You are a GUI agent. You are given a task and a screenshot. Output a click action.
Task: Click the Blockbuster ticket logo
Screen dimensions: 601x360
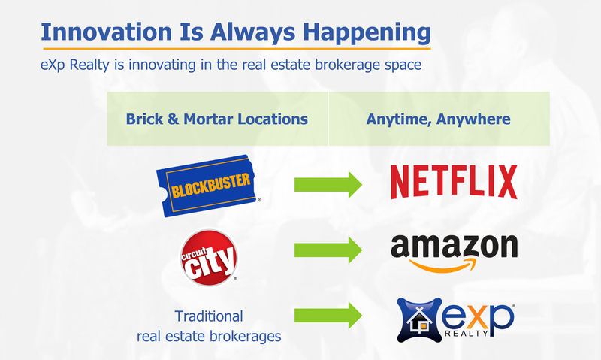[207, 186]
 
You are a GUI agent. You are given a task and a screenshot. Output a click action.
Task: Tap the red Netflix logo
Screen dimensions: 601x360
[454, 182]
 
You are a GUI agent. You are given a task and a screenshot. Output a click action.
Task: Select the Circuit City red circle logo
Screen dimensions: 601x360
[209, 258]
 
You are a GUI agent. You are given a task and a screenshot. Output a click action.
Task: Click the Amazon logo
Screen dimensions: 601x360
[455, 253]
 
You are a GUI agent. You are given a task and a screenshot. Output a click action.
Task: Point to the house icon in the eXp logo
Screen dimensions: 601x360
[419, 320]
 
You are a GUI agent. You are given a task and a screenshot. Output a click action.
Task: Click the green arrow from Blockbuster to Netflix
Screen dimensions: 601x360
[328, 185]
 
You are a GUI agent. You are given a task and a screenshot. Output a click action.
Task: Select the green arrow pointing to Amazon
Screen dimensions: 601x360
[328, 250]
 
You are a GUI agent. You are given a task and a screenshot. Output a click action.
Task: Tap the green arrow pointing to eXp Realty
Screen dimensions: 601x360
[328, 315]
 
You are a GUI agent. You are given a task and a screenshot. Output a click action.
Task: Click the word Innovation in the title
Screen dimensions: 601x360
[107, 32]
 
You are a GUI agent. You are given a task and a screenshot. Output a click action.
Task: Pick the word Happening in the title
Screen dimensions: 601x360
[367, 32]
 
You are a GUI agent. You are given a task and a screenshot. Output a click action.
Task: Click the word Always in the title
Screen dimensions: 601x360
[252, 32]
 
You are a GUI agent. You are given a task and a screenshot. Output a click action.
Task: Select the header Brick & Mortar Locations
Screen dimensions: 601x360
[217, 119]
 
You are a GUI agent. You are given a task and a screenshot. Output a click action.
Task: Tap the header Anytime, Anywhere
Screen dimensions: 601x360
[438, 119]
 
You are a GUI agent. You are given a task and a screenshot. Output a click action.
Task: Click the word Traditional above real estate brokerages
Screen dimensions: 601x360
[209, 316]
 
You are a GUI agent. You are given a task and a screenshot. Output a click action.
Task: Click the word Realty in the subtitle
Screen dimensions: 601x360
[89, 65]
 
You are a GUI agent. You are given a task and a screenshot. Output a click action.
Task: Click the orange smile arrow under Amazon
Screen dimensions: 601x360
[442, 265]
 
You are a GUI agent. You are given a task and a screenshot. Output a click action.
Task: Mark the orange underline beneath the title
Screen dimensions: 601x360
[237, 49]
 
